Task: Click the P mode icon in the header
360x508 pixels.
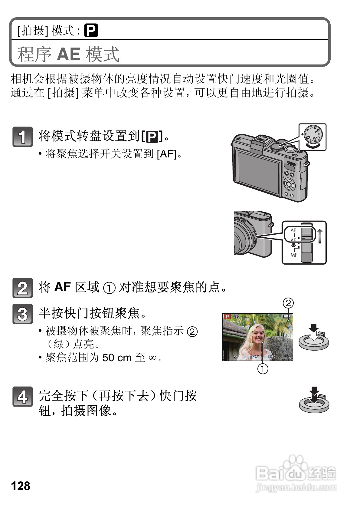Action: (x=91, y=31)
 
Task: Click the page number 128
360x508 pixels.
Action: (x=21, y=485)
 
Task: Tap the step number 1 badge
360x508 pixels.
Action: (x=22, y=137)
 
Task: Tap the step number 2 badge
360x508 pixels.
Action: (x=22, y=288)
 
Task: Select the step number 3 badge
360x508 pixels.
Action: (x=22, y=314)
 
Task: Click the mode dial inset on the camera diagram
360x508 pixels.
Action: (x=313, y=137)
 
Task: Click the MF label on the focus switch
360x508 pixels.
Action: (x=294, y=255)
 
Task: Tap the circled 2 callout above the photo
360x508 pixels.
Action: (x=288, y=303)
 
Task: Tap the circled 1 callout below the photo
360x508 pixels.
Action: (x=263, y=368)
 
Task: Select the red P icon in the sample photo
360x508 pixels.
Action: (x=227, y=317)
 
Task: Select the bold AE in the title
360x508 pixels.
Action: (x=68, y=54)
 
